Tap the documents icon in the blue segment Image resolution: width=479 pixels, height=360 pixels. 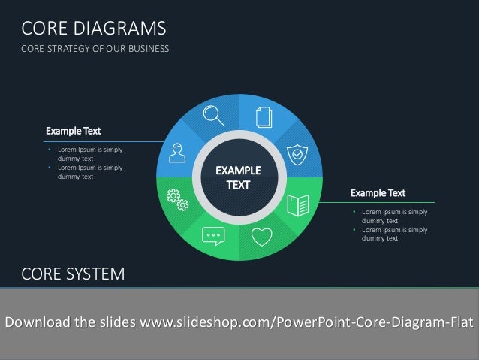263,117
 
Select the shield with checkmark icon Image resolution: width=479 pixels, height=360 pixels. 298,155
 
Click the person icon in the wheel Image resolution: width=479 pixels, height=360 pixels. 177,154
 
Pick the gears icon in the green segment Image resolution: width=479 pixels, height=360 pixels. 177,199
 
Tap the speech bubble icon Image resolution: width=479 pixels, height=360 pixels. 213,236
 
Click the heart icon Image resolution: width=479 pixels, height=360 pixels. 261,237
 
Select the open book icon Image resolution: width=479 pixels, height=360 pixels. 299,204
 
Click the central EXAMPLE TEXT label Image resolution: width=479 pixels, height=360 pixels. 238,177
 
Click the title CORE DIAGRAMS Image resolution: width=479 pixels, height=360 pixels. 93,29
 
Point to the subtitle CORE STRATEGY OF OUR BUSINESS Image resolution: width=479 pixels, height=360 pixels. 95,50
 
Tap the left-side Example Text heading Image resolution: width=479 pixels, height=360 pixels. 73,131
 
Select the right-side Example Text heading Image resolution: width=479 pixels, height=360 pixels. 378,193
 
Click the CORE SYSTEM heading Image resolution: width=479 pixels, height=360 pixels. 73,274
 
